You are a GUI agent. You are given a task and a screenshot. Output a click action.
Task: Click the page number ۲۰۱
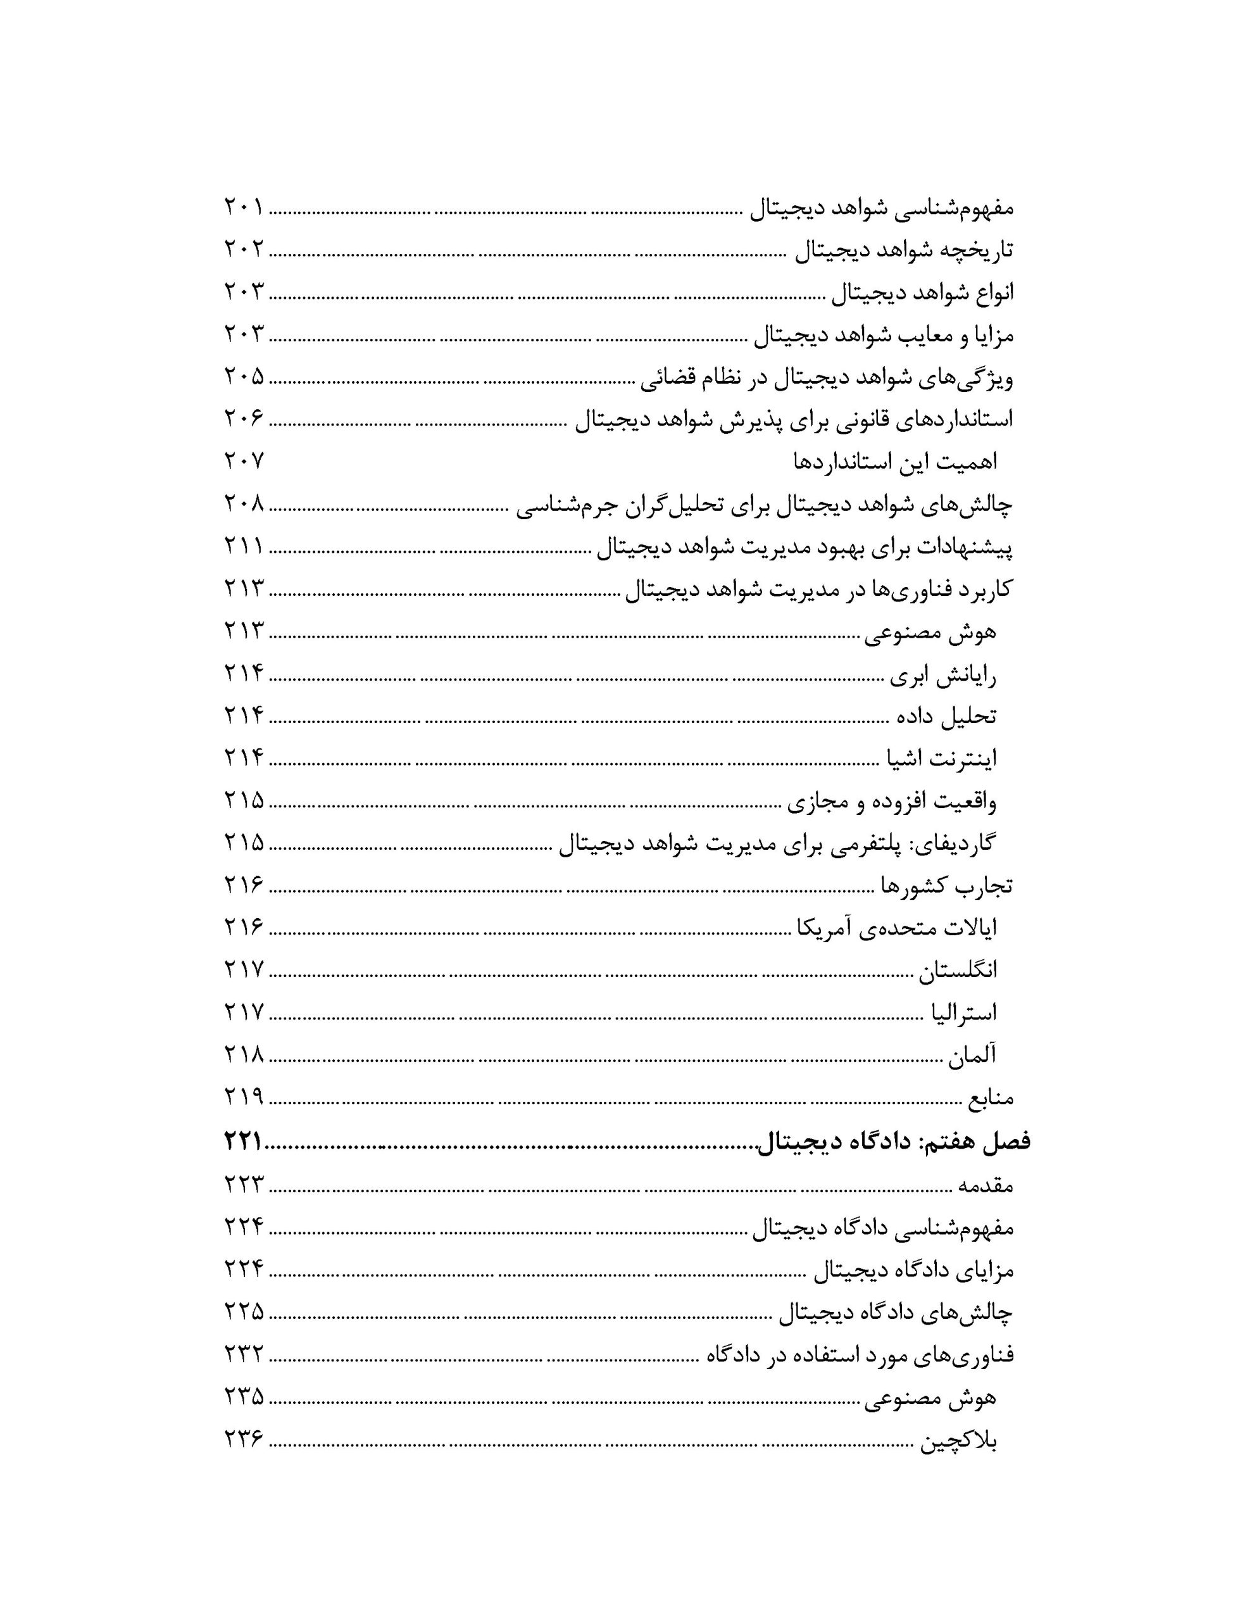click(x=244, y=207)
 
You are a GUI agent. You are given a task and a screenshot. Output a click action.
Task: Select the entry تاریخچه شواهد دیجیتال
click(x=903, y=250)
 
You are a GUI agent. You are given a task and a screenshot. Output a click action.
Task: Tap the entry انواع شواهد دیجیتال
click(x=921, y=293)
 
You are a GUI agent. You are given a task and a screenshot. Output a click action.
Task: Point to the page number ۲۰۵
click(x=244, y=377)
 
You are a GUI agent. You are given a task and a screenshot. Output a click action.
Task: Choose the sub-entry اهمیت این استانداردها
click(x=895, y=462)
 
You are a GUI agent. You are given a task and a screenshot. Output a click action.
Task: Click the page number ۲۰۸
click(x=244, y=505)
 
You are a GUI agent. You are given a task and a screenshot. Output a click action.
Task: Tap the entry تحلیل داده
click(x=946, y=717)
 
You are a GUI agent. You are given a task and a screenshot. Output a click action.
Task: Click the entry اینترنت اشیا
click(x=941, y=759)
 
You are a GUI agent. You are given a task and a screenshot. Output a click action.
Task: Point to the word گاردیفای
click(x=958, y=844)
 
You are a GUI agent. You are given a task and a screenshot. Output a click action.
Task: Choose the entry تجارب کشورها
click(x=946, y=885)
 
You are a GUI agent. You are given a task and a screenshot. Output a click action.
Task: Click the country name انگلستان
click(x=958, y=970)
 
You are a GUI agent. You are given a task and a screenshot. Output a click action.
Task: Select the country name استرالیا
click(x=963, y=1012)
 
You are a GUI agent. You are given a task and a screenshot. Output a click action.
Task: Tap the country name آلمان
click(x=971, y=1055)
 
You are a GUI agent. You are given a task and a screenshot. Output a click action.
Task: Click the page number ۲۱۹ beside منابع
click(x=244, y=1097)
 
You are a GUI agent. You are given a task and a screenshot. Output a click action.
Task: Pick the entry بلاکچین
click(x=958, y=1442)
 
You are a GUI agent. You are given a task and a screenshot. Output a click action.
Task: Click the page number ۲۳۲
click(x=244, y=1357)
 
